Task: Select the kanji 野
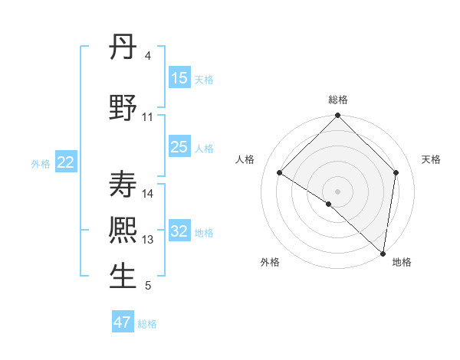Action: [x=123, y=108]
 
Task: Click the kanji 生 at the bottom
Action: [x=123, y=277]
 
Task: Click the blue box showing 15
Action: [x=179, y=78]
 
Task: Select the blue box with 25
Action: [x=179, y=147]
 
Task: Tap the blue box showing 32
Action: [x=179, y=232]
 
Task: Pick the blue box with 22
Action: [x=66, y=162]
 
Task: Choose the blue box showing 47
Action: [x=123, y=322]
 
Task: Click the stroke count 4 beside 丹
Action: [x=147, y=56]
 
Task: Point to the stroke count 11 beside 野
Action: [x=148, y=117]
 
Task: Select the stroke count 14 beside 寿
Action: [x=148, y=193]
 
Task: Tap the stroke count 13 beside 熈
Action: [x=148, y=240]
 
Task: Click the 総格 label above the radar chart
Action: [x=338, y=100]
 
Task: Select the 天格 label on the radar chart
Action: [x=431, y=159]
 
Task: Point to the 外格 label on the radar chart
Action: [x=270, y=262]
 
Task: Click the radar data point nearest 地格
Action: [x=383, y=253]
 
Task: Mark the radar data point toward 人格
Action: [x=280, y=172]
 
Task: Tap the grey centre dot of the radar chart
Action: [x=337, y=191]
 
